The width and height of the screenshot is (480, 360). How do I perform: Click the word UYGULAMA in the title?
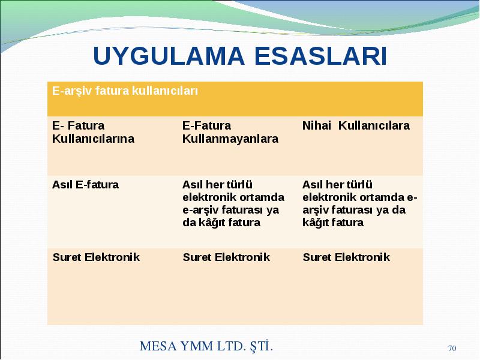(x=169, y=56)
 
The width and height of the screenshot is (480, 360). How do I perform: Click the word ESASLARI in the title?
(x=320, y=56)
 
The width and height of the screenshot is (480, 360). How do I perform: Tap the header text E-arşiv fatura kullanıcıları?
(x=125, y=91)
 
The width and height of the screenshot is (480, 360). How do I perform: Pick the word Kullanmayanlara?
(x=230, y=139)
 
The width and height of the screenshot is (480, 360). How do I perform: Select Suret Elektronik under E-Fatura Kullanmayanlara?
(x=226, y=257)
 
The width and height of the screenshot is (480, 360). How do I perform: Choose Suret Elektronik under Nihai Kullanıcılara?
(x=346, y=257)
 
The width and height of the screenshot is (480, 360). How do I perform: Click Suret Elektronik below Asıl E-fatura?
(x=96, y=257)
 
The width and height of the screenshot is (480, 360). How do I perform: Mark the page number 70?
(x=452, y=349)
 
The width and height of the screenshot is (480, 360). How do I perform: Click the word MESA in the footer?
(x=158, y=346)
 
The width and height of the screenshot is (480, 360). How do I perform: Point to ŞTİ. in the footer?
(x=261, y=346)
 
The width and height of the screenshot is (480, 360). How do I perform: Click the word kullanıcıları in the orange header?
(x=165, y=91)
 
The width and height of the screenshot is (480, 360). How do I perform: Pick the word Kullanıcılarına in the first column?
(x=93, y=139)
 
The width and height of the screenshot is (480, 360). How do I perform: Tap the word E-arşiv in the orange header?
(x=71, y=91)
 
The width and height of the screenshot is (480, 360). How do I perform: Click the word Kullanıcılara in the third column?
(x=374, y=125)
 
